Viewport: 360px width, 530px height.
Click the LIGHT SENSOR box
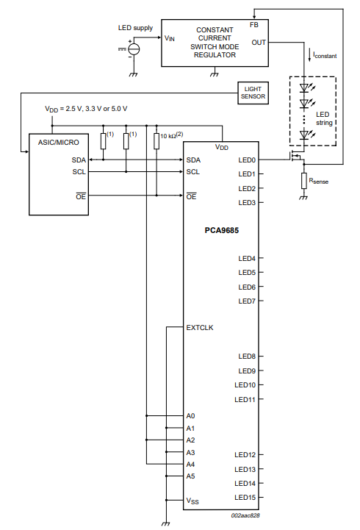pyautogui.click(x=253, y=93)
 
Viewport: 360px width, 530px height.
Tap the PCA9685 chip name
pyautogui.click(x=222, y=231)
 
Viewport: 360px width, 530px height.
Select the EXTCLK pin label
pyautogui.click(x=200, y=328)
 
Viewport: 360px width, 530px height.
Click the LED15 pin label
pyautogui.click(x=245, y=498)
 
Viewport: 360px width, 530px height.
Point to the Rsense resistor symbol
pyautogui.click(x=304, y=181)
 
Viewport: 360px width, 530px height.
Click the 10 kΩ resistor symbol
pyautogui.click(x=156, y=141)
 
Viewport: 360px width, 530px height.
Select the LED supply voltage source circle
pyautogui.click(x=134, y=49)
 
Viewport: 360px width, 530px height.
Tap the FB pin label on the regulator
pyautogui.click(x=254, y=25)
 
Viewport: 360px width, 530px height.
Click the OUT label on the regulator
pyautogui.click(x=259, y=43)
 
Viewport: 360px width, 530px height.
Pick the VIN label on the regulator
pyautogui.click(x=170, y=38)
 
